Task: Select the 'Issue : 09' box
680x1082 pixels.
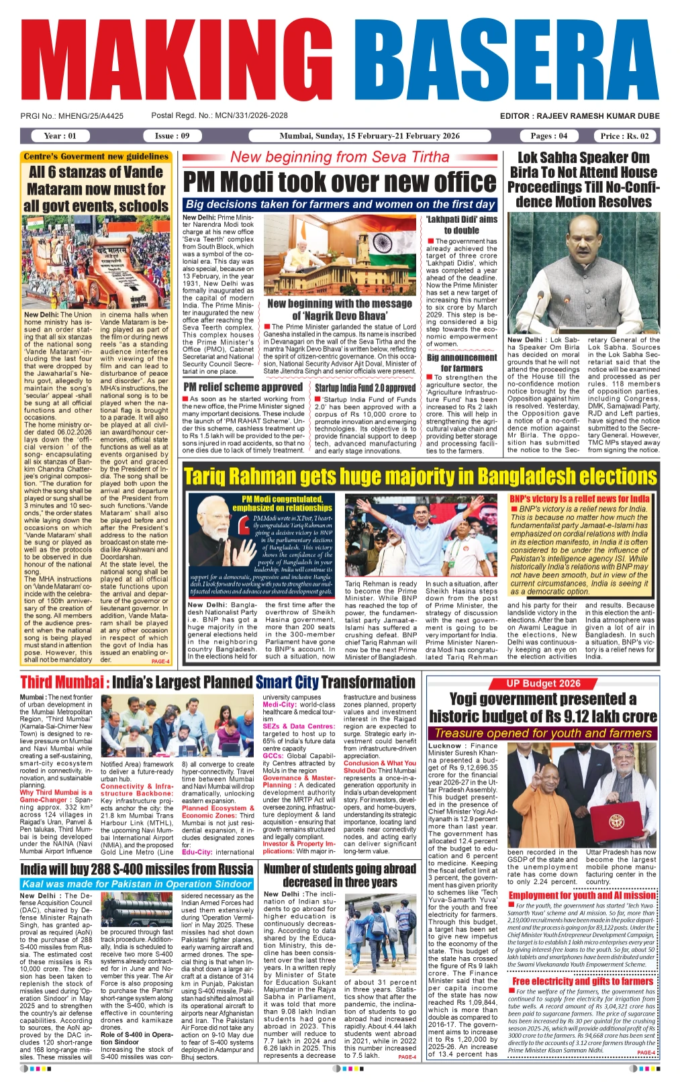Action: [172, 136]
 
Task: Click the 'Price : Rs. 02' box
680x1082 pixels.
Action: [624, 136]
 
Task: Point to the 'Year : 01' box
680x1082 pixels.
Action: [60, 136]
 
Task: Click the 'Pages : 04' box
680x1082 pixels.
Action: [548, 136]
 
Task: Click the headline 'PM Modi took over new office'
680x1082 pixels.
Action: [340, 182]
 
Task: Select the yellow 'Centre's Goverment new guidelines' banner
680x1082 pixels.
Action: [96, 156]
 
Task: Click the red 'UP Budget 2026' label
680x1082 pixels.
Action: [543, 683]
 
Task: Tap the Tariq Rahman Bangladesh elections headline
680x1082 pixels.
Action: [420, 477]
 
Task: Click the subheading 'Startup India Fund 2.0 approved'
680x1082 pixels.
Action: [365, 387]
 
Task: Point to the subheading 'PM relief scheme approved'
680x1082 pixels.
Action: [243, 387]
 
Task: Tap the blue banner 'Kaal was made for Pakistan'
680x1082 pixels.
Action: [137, 884]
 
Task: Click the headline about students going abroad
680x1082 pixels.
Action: [340, 875]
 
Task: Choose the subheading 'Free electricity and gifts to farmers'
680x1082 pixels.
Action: [582, 981]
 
